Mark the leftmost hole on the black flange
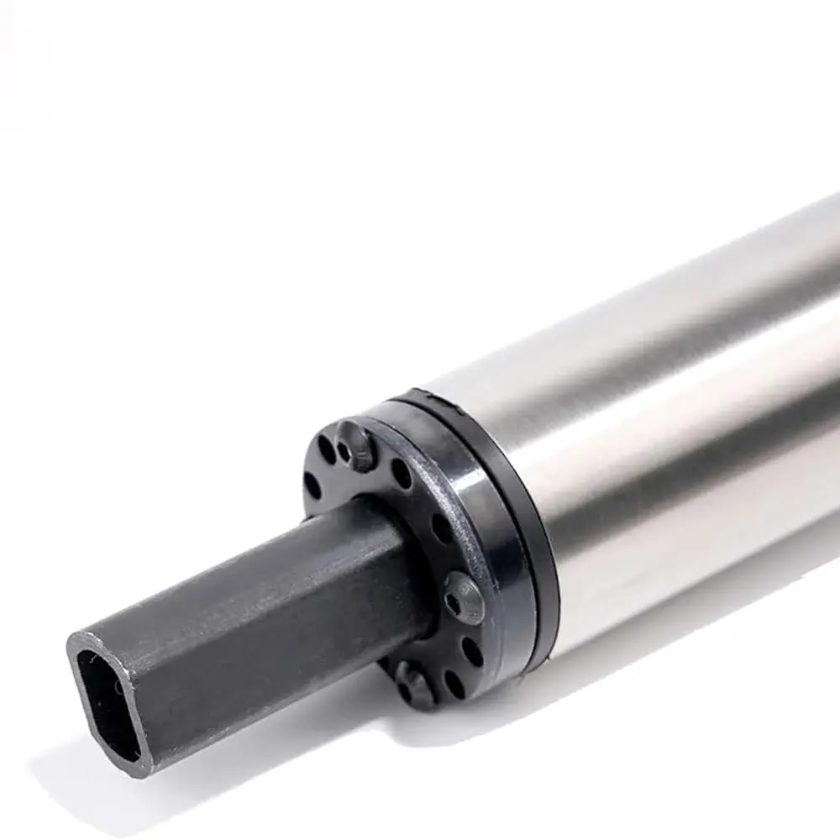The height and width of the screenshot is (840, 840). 312,486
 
